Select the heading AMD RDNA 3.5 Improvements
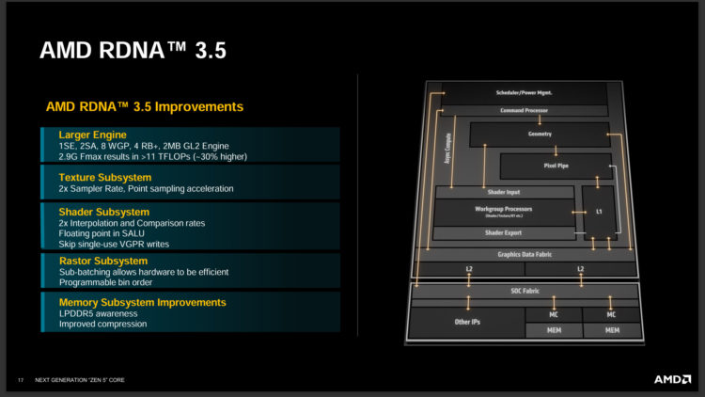click(x=145, y=106)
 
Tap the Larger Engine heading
click(x=92, y=135)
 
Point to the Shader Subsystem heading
click(x=104, y=212)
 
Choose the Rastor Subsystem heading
click(x=103, y=259)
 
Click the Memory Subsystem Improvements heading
click(x=142, y=302)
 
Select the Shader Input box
click(x=504, y=191)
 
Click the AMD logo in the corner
click(x=672, y=379)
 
